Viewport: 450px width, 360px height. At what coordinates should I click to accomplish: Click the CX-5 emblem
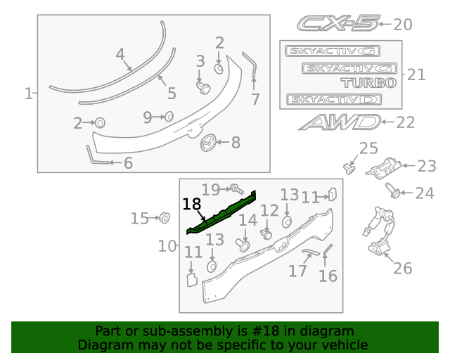337,24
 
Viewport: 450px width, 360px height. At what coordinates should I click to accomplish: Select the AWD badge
339,122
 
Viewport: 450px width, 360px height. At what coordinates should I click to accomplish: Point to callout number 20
402,25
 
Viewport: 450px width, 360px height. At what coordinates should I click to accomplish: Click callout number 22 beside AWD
406,122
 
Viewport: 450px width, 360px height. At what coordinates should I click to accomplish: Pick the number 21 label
416,74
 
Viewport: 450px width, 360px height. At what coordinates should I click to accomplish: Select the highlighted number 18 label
191,205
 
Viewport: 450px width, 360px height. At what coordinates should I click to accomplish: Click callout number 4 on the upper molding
120,54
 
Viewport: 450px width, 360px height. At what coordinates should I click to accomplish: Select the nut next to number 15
165,217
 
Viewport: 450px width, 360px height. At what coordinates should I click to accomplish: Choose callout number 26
402,268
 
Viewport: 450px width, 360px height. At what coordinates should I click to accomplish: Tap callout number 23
427,166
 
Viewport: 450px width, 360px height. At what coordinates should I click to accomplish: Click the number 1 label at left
29,93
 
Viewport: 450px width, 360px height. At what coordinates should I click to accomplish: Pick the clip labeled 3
204,86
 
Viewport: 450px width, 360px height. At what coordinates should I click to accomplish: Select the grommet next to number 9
169,117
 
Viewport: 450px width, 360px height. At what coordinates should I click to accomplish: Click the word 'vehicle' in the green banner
344,345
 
